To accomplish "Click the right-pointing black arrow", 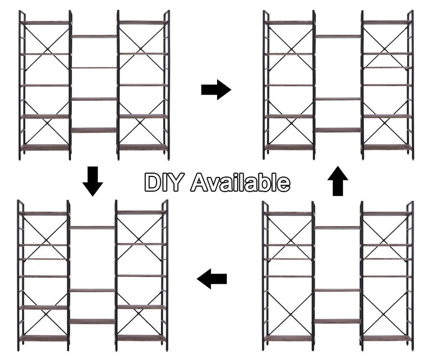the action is tap(217, 90).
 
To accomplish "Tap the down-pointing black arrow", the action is tap(93, 181).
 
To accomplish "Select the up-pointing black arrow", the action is tap(338, 181).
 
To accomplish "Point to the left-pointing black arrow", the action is tap(212, 279).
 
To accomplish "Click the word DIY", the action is tap(163, 182).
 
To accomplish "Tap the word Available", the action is tap(240, 182).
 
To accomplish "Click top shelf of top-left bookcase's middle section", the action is tap(94, 36).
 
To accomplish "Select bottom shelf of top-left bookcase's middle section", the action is tap(94, 130).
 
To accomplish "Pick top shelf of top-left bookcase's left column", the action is tap(45, 23).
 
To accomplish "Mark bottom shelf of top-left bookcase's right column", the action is tap(143, 147).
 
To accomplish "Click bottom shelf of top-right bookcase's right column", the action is tap(387, 147).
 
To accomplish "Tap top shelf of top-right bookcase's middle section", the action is tap(339, 36).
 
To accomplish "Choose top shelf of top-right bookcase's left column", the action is tap(289, 23).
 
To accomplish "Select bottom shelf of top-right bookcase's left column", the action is tap(289, 147).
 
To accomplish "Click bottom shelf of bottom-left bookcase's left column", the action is tap(44, 338).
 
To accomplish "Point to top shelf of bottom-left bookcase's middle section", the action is tap(92, 228).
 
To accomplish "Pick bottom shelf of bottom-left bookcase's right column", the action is tap(141, 338).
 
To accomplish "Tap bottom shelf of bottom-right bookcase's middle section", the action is tap(337, 321).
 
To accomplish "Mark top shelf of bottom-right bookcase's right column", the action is tap(387, 214).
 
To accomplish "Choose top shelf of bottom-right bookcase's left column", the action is tap(289, 214).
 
